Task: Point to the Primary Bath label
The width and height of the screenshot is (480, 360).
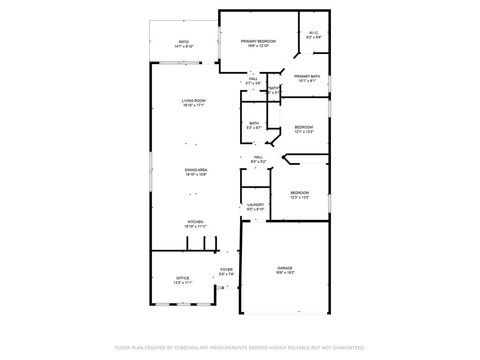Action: click(x=307, y=76)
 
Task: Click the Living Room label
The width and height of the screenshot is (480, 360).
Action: click(x=194, y=101)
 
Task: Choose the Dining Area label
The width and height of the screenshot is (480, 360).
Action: click(x=196, y=170)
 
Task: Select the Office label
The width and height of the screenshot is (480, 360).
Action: click(x=183, y=278)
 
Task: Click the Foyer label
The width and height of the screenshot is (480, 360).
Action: click(x=226, y=270)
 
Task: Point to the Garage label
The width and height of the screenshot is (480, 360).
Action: click(x=285, y=269)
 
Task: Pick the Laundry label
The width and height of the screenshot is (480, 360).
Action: click(x=255, y=204)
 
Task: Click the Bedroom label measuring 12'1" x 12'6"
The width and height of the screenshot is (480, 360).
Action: click(x=304, y=127)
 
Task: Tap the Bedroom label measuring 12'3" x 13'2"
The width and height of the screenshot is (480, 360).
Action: click(x=299, y=192)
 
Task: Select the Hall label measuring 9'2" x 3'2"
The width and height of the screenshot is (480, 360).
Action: click(x=257, y=157)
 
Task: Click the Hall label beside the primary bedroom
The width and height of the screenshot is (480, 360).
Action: click(x=254, y=77)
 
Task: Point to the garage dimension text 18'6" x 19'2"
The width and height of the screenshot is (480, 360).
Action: click(x=285, y=274)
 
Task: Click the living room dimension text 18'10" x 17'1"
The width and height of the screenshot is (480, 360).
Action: click(x=194, y=106)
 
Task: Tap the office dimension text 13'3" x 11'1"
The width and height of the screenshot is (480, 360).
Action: click(x=183, y=283)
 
